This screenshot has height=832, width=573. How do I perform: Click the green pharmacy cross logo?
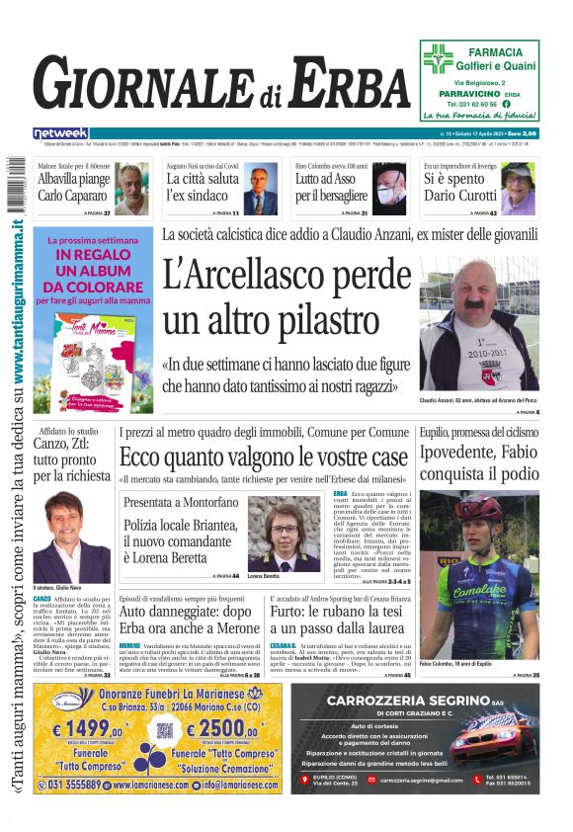coord(437,58)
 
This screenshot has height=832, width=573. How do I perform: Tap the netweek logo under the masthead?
coord(60,132)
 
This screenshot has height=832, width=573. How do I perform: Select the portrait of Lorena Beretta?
coord(286,534)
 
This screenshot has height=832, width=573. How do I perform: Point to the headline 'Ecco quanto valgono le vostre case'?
coord(263,457)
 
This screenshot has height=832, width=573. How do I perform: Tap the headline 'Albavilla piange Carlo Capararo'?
coord(73,188)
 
